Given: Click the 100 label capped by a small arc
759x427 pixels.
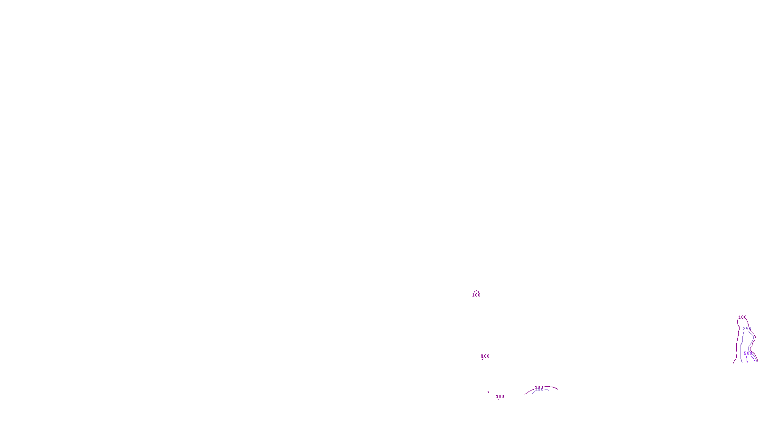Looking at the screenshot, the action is (x=476, y=295).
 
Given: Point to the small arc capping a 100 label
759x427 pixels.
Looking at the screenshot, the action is (x=476, y=291).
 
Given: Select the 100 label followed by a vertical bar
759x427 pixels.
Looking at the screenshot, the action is (x=500, y=397).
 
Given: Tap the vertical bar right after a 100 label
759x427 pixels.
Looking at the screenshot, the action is (x=505, y=397).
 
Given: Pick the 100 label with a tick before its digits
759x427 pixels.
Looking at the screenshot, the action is (x=485, y=356).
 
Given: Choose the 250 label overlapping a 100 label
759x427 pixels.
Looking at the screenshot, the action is (x=539, y=390).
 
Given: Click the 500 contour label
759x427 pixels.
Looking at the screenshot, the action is (x=748, y=353).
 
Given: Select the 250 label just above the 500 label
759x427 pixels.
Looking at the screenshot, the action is (x=747, y=329).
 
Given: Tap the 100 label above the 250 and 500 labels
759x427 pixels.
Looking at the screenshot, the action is (x=742, y=317).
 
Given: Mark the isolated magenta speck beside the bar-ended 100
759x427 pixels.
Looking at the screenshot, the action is (x=488, y=392).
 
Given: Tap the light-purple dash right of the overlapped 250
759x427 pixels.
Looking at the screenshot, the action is (x=546, y=390).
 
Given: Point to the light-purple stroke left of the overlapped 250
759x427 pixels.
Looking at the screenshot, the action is (x=533, y=392).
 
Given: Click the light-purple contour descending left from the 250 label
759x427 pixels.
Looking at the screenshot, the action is (x=741, y=346).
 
